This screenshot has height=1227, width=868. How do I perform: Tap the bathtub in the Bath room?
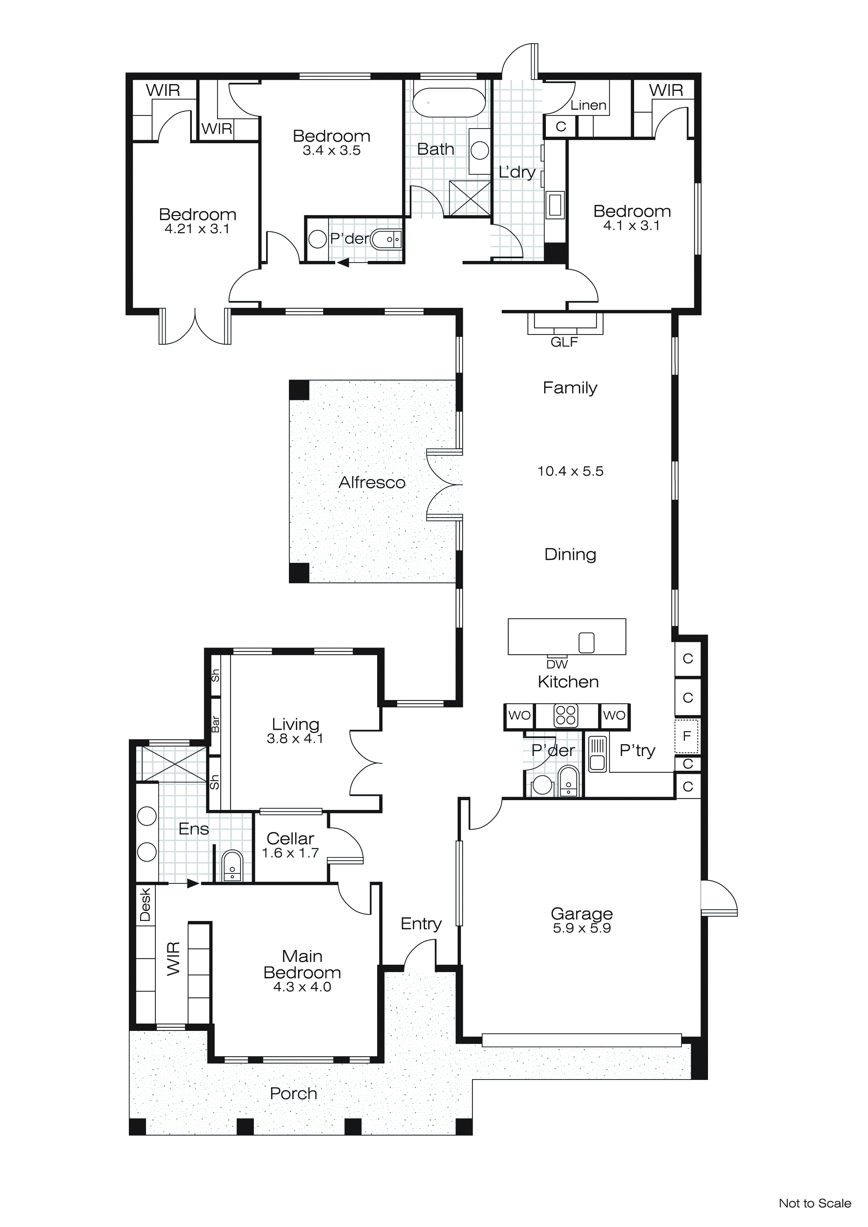pyautogui.click(x=449, y=102)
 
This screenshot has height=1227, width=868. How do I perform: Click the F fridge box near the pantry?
pyautogui.click(x=687, y=736)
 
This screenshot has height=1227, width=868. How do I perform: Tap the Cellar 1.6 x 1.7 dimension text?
pyautogui.click(x=290, y=853)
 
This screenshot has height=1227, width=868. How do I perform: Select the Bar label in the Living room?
pyautogui.click(x=215, y=723)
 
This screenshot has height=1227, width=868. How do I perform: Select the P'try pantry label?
pyautogui.click(x=637, y=750)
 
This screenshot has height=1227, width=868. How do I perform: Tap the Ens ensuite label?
pyautogui.click(x=194, y=829)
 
